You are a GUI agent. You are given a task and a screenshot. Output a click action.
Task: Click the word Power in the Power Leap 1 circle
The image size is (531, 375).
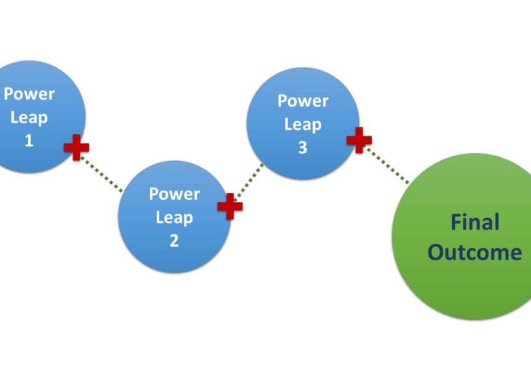click(29, 94)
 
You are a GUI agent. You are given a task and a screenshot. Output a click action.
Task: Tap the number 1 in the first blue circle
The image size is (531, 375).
click(29, 141)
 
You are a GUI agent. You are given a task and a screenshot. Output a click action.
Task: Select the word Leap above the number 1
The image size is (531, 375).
click(29, 117)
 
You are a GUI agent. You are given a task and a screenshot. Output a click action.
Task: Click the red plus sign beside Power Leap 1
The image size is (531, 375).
click(76, 147)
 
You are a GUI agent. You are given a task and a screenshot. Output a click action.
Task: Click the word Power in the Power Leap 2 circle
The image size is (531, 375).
click(174, 194)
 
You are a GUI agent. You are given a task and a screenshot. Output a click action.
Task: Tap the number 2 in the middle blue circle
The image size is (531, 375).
click(174, 241)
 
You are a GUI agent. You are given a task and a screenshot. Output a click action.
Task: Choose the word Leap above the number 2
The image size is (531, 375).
click(174, 217)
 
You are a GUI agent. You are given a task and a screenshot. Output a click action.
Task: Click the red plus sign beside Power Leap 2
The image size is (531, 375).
click(229, 206)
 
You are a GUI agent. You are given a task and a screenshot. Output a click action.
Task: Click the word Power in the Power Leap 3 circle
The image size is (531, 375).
click(303, 101)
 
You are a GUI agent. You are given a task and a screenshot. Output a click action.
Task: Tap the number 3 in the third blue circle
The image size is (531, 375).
click(303, 148)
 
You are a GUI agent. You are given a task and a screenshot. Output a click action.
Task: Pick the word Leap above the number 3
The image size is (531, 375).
click(303, 124)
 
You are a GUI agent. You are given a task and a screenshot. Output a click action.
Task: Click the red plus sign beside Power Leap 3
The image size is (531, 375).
click(359, 140)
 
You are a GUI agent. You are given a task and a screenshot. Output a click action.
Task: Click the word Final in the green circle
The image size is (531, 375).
click(475, 222)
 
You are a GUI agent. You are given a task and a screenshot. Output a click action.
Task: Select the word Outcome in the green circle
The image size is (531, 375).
click(475, 252)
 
